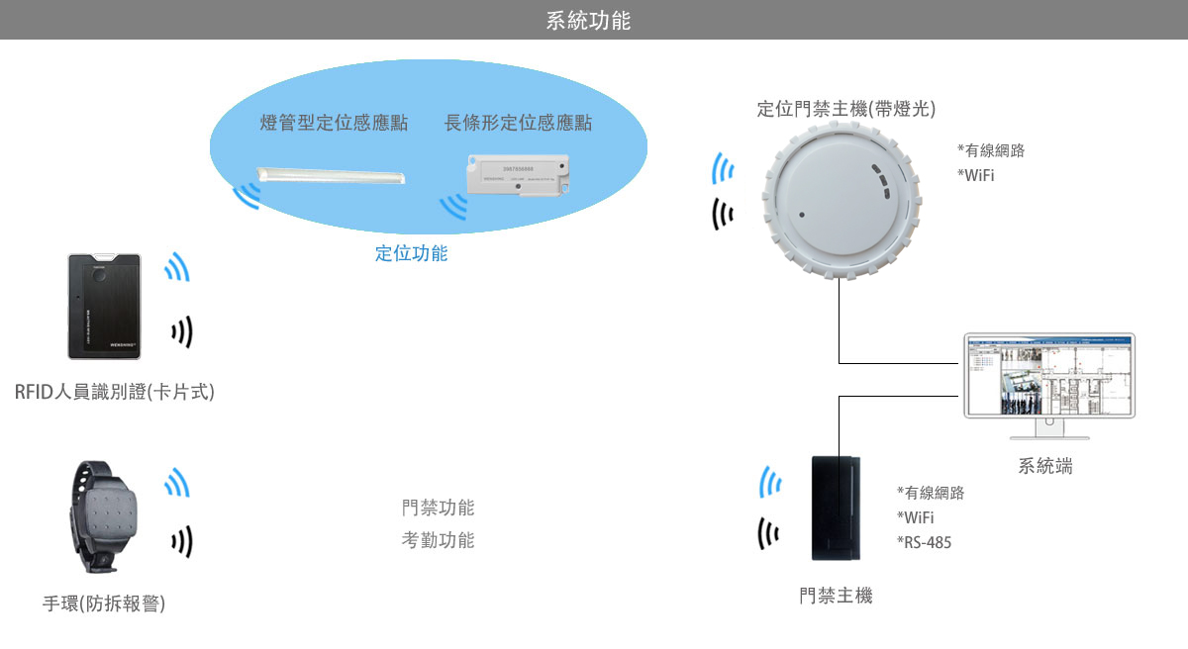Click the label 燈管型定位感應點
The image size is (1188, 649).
(334, 123)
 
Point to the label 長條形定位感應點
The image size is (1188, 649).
(518, 123)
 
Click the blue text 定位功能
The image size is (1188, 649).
(411, 253)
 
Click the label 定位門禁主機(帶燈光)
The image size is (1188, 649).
(846, 109)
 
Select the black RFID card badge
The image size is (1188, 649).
(104, 306)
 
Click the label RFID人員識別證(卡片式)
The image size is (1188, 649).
(114, 392)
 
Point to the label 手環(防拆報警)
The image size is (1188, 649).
(104, 603)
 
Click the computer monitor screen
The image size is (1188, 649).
(1049, 375)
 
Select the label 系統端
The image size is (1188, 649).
(1045, 466)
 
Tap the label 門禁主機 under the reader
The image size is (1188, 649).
(837, 596)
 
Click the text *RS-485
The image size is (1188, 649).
(925, 542)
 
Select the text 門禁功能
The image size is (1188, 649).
(438, 509)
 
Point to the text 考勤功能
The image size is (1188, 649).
(438, 540)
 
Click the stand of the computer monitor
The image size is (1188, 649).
(1049, 429)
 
